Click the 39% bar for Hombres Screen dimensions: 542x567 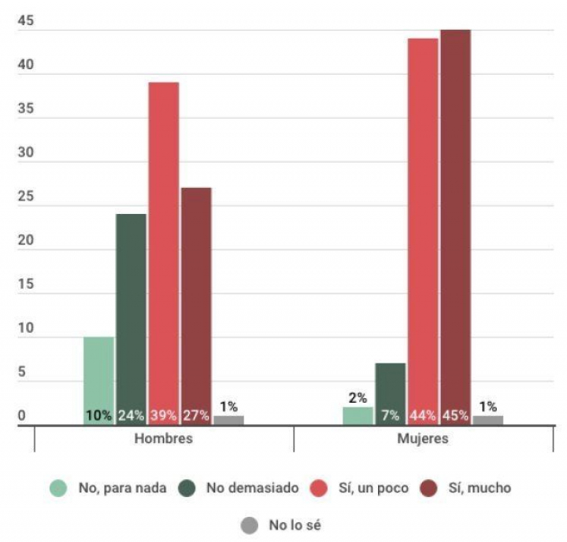click(x=164, y=252)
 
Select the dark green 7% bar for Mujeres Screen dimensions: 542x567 click(x=391, y=393)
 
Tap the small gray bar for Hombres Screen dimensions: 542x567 click(x=228, y=420)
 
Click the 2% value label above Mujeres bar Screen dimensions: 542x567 click(x=358, y=398)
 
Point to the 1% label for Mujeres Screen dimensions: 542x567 click(x=488, y=407)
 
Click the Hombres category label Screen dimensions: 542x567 click(x=164, y=439)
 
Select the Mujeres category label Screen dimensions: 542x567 click(x=423, y=439)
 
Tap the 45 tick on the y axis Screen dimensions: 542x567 click(x=25, y=22)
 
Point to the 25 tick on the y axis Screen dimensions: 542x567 click(x=25, y=197)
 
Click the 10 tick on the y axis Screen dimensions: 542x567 click(x=25, y=329)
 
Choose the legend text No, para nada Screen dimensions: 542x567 click(x=122, y=488)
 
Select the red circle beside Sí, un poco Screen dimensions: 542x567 click(x=319, y=488)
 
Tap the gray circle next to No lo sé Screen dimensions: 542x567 click(x=250, y=524)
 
